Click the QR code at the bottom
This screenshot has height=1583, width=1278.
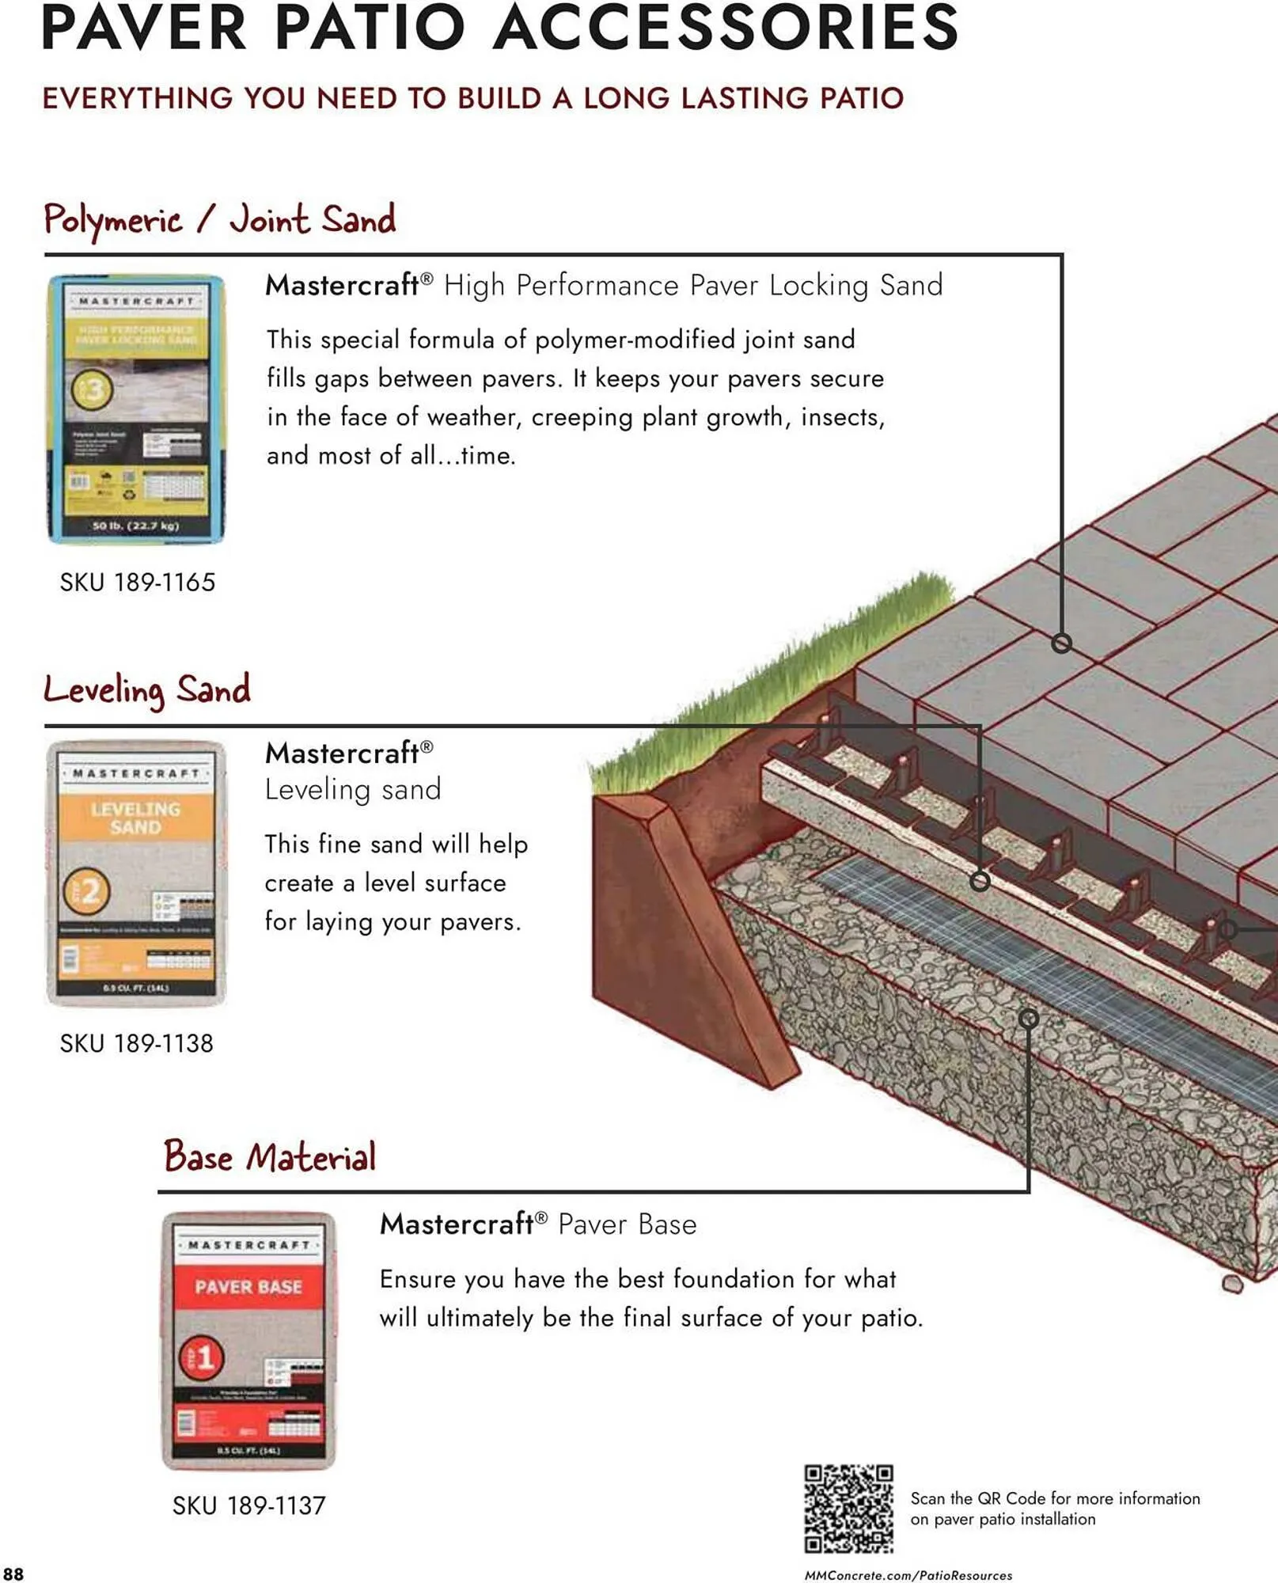pyautogui.click(x=848, y=1508)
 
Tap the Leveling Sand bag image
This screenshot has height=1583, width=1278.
pyautogui.click(x=136, y=873)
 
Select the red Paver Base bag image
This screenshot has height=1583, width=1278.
pyautogui.click(x=248, y=1339)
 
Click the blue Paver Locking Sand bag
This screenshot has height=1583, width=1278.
pyautogui.click(x=136, y=408)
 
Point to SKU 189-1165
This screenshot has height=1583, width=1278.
pyautogui.click(x=137, y=583)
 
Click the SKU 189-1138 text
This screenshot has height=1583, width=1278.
pyautogui.click(x=136, y=1043)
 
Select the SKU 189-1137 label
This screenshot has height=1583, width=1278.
pyautogui.click(x=248, y=1505)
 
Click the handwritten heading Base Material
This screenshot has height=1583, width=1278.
pyautogui.click(x=269, y=1156)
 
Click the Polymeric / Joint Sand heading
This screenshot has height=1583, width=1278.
pyautogui.click(x=219, y=220)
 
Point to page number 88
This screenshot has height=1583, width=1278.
pyautogui.click(x=13, y=1574)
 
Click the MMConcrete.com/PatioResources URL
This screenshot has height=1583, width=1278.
pyautogui.click(x=908, y=1575)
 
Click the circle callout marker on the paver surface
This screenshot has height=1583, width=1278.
pyautogui.click(x=1061, y=643)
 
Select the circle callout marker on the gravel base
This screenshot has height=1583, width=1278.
pyautogui.click(x=1028, y=1019)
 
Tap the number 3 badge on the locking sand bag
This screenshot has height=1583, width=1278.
pyautogui.click(x=93, y=389)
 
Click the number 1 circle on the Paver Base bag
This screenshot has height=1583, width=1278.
pyautogui.click(x=203, y=1358)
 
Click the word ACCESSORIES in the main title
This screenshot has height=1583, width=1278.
pyautogui.click(x=725, y=28)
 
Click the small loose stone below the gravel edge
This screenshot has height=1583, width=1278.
pyautogui.click(x=1231, y=1283)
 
